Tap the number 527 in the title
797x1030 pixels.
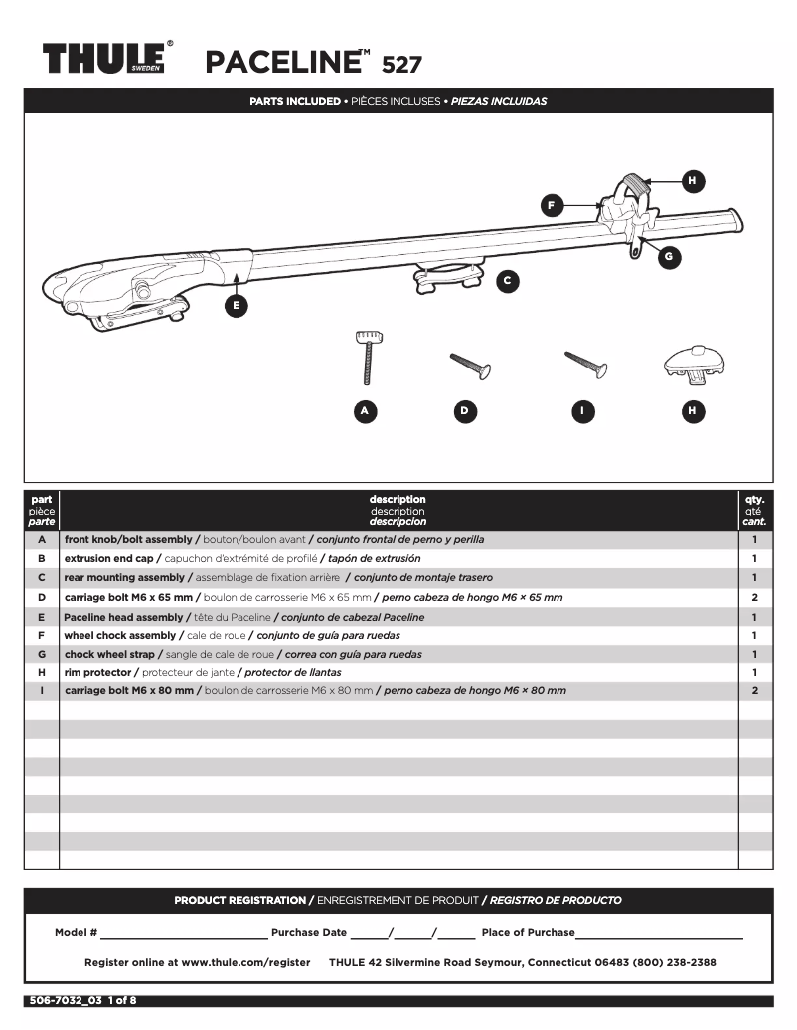[x=401, y=65]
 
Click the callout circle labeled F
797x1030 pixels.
[x=553, y=206]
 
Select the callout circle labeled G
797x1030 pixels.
[x=668, y=256]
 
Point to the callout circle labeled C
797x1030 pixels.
[x=507, y=281]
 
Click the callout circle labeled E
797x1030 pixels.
[x=236, y=305]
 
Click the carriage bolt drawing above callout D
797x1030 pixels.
[x=470, y=366]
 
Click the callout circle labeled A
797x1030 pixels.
[x=365, y=410]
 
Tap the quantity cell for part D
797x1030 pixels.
[x=754, y=597]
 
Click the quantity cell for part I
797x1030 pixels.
[x=754, y=690]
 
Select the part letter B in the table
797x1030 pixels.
[x=41, y=559]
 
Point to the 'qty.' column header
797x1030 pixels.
[x=754, y=499]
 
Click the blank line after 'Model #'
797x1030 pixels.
[x=183, y=933]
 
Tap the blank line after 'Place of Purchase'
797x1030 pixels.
[x=659, y=933]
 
